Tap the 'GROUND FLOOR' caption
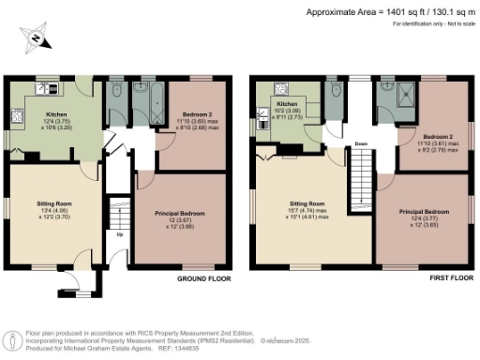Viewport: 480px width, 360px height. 204,279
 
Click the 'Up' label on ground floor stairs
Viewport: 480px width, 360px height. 119,235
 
